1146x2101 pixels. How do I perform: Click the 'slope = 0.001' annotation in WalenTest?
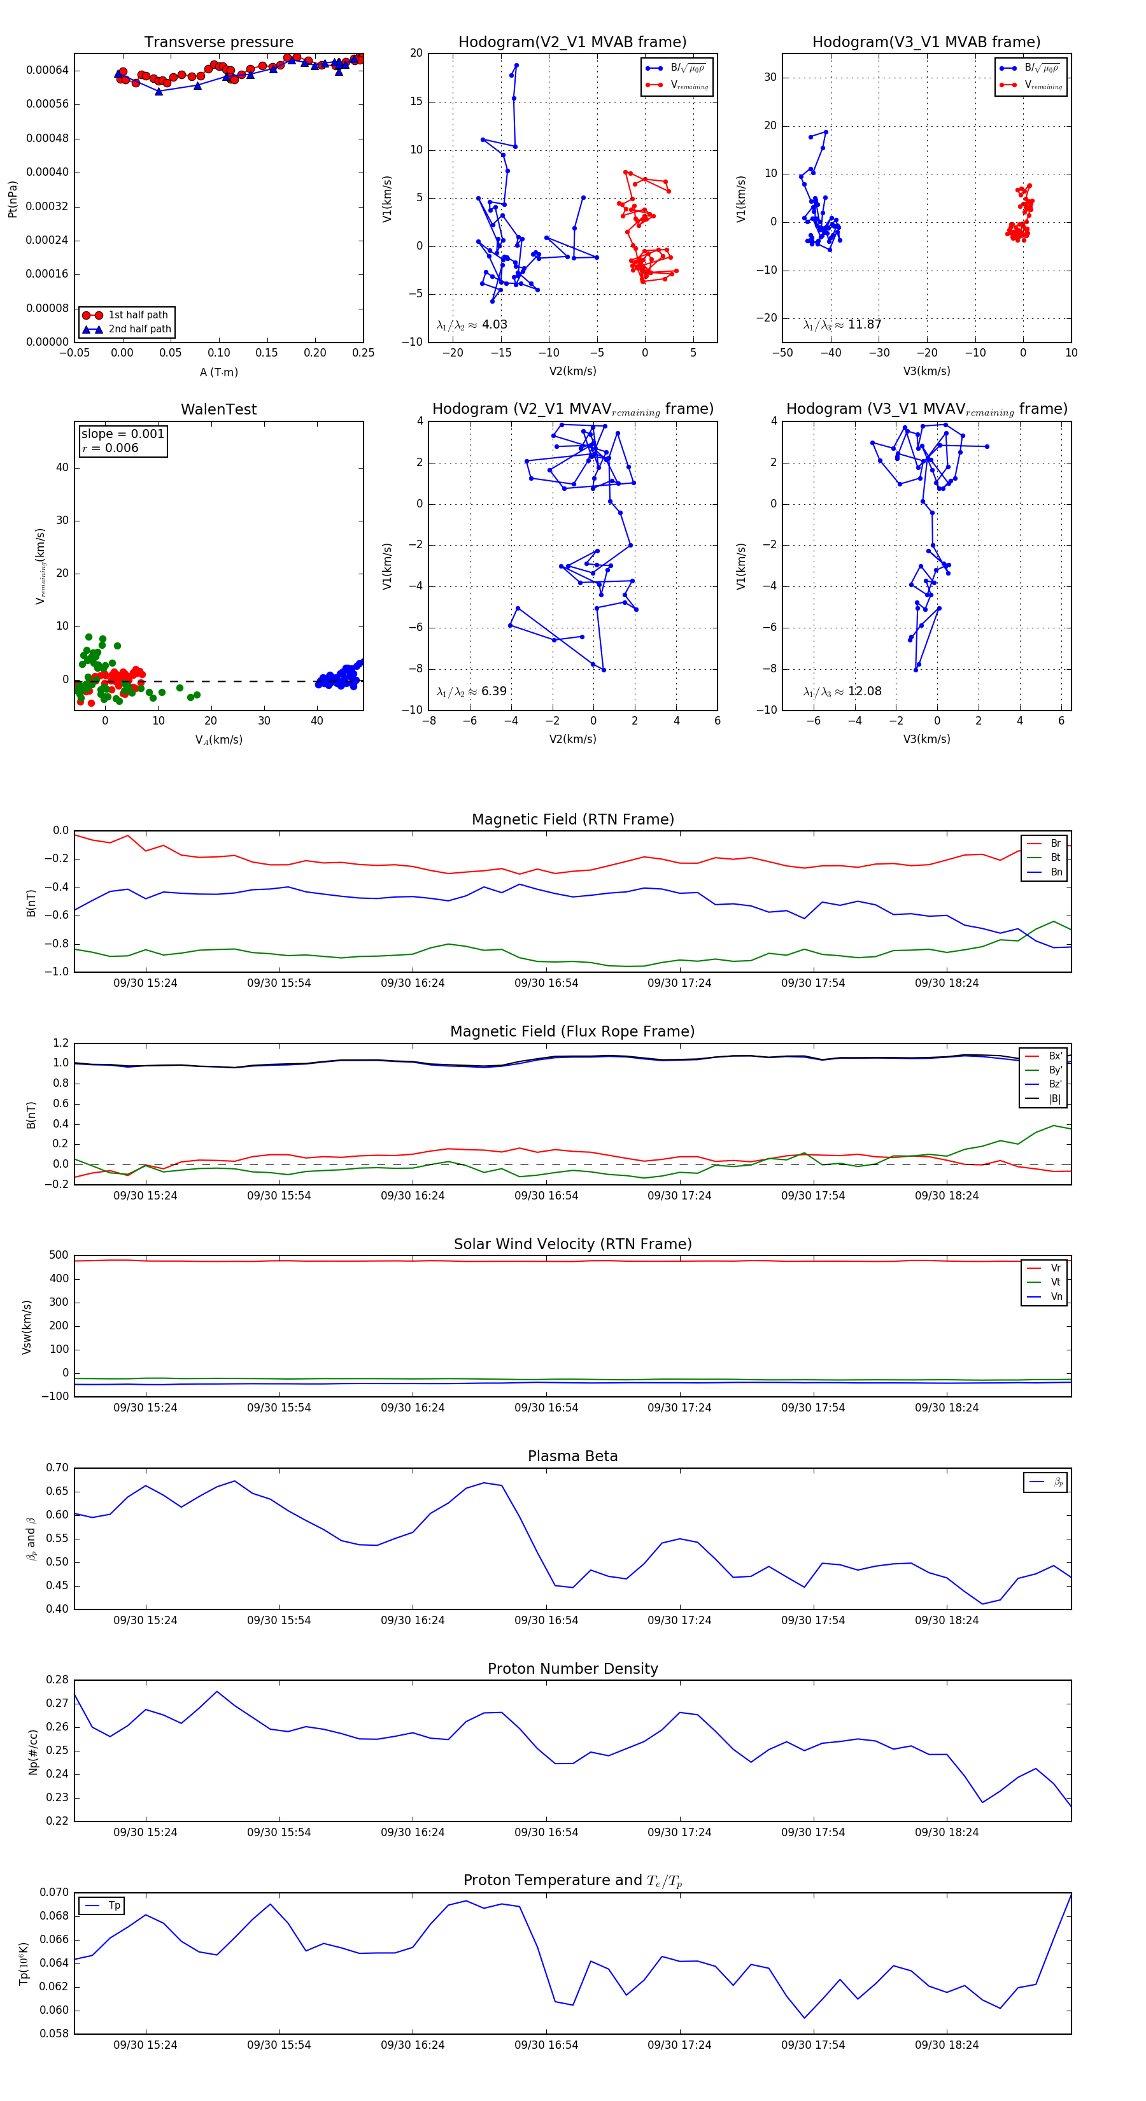[122, 434]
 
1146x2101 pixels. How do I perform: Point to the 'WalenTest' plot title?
[218, 409]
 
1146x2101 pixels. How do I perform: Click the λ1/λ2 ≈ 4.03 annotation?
[471, 325]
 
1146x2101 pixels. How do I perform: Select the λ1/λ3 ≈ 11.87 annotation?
[842, 325]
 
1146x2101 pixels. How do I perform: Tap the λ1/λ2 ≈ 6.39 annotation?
[471, 691]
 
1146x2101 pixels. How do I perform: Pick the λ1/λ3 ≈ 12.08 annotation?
[842, 691]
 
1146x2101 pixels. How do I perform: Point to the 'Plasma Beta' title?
[572, 1457]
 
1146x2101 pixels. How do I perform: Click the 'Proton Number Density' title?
[572, 1669]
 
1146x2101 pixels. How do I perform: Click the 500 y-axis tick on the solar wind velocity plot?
[59, 1256]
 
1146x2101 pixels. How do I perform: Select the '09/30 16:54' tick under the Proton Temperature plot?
[546, 2045]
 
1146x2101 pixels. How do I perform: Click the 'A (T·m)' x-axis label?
[218, 372]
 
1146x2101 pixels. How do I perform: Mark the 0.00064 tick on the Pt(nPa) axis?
[47, 70]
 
